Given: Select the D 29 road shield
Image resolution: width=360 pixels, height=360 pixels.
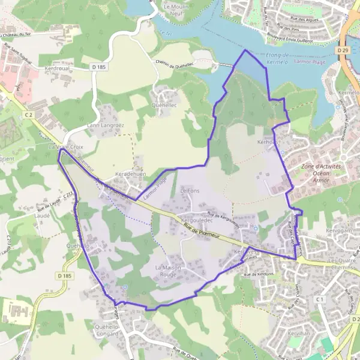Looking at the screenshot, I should coord(343,51).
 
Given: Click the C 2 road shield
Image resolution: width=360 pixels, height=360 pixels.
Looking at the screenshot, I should coord(28,113).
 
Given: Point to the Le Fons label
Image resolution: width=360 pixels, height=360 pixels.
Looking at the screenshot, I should coord(190,190).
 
